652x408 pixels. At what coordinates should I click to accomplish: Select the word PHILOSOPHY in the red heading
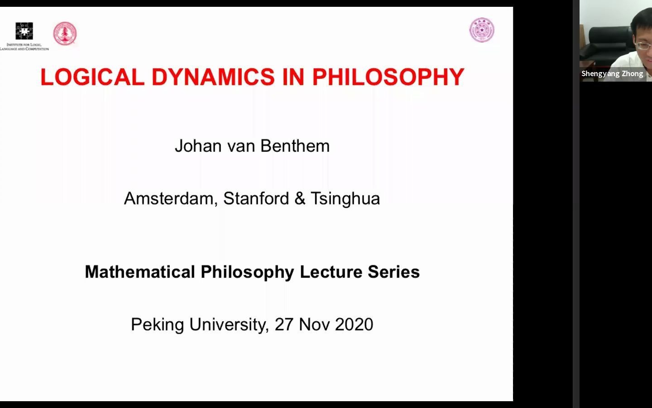click(388, 77)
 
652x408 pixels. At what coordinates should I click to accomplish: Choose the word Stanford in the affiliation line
click(256, 199)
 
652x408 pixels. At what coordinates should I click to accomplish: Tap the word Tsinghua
click(345, 199)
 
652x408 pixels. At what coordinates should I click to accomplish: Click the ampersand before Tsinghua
click(300, 199)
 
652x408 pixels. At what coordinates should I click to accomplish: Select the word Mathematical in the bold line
click(140, 272)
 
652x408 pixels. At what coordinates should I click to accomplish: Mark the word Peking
click(158, 325)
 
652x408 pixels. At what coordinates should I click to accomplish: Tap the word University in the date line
click(229, 325)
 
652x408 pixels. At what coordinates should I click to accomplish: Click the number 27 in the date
click(284, 325)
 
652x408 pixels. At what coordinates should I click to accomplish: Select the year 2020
click(355, 325)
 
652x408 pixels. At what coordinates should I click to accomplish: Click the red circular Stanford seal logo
click(65, 34)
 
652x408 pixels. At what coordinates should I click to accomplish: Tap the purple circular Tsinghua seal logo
click(482, 30)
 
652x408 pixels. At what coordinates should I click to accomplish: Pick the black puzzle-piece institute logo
click(24, 31)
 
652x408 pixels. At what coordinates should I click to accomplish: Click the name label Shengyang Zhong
click(612, 74)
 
